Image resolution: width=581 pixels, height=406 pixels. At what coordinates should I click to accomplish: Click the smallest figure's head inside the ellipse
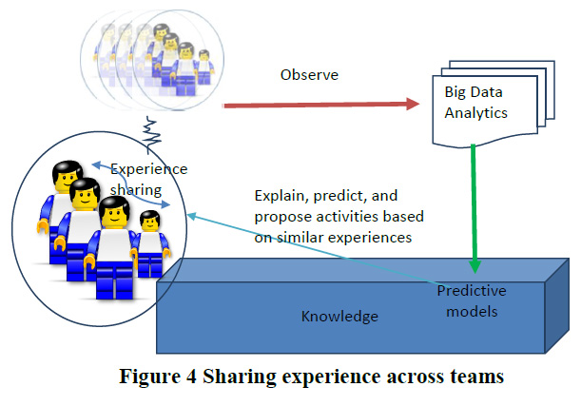(150, 222)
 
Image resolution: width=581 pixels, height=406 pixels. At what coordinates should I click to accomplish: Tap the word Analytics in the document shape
(477, 113)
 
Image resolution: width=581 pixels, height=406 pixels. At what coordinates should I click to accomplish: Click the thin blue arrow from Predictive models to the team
(314, 251)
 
